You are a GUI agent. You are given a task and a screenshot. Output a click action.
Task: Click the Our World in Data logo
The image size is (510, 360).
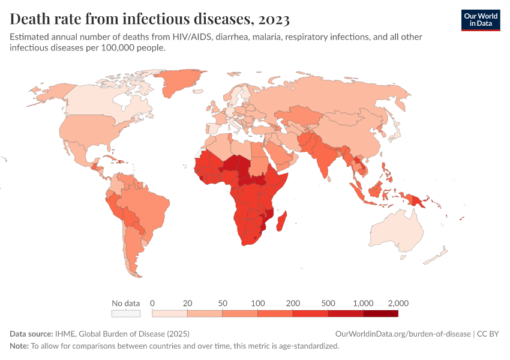480,20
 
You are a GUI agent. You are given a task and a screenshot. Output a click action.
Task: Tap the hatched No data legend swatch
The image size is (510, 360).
126,313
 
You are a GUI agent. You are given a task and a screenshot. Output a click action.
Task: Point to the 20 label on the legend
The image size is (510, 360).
187,303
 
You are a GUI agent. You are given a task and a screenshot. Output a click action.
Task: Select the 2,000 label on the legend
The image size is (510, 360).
398,303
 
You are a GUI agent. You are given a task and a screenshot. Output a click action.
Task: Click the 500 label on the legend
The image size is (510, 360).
328,303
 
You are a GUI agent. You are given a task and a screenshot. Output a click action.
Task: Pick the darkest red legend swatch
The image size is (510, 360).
381,313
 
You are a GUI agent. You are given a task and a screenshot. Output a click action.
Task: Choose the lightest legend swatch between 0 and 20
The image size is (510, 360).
170,313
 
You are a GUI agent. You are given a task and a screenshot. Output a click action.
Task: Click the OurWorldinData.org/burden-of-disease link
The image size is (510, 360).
402,334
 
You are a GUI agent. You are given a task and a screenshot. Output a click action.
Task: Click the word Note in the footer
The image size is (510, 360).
19,346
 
